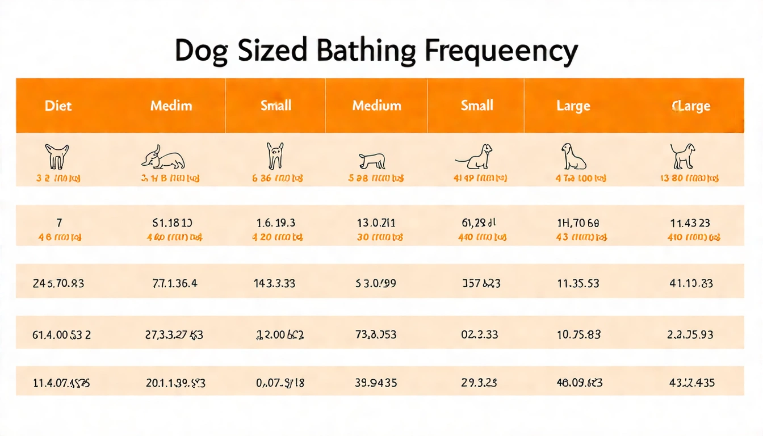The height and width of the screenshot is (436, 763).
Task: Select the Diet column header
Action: click(58, 106)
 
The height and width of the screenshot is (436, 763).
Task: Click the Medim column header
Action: click(171, 106)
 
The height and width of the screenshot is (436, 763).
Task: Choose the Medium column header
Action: click(376, 106)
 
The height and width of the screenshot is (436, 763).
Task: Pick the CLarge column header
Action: click(691, 106)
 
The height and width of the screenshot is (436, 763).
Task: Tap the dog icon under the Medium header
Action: click(372, 161)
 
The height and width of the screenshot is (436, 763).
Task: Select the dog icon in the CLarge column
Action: click(682, 156)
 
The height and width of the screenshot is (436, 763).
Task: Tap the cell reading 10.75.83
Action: click(578, 334)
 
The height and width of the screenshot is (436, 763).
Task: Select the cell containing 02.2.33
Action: click(480, 334)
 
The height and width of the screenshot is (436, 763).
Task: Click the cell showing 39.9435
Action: click(375, 383)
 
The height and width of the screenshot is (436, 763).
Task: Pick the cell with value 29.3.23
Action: click(480, 383)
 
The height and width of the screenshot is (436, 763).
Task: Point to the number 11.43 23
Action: click(690, 224)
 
